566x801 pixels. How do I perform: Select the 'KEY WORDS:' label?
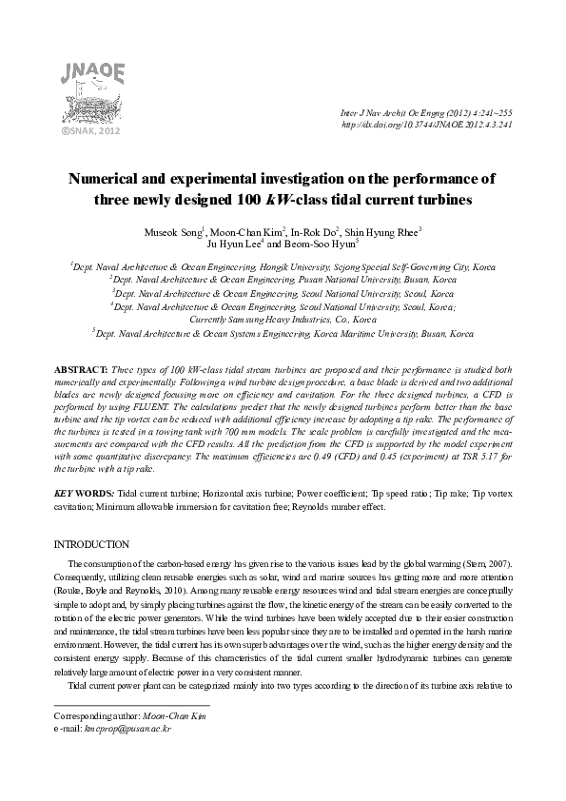(x=83, y=494)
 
